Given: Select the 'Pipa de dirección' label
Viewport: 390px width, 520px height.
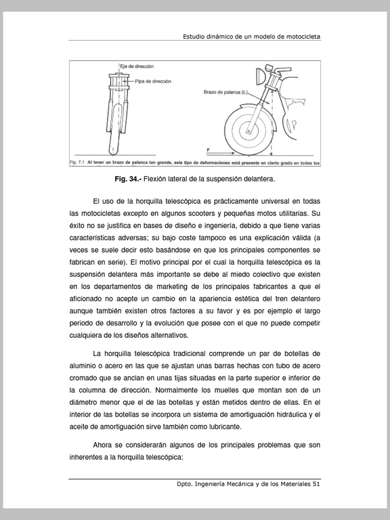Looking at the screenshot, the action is pyautogui.click(x=153, y=81).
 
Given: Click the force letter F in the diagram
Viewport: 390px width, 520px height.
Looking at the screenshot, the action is pyautogui.click(x=208, y=150).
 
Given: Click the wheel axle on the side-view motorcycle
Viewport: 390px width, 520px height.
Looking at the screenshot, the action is pyautogui.click(x=248, y=131).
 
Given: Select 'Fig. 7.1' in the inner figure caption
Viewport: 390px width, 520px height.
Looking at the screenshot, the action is pyautogui.click(x=77, y=162).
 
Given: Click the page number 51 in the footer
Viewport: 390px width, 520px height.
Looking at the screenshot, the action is pyautogui.click(x=316, y=484).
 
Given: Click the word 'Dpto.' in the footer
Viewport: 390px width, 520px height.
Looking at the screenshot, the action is pyautogui.click(x=184, y=484).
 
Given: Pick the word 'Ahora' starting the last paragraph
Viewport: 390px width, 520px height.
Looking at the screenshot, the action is pyautogui.click(x=102, y=445).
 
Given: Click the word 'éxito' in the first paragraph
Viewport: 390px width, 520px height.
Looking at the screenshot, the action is pyautogui.click(x=77, y=225).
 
